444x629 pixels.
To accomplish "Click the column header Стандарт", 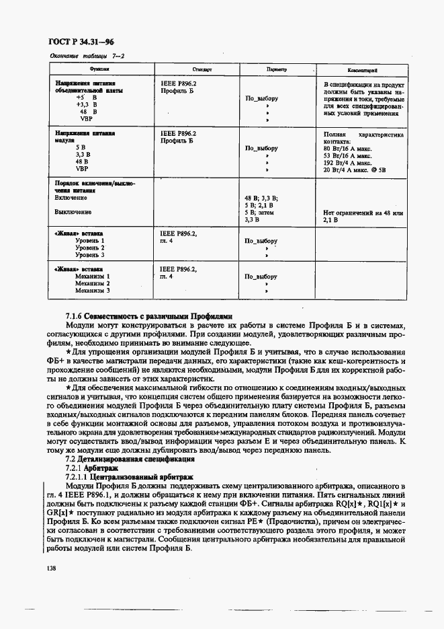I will [202, 69].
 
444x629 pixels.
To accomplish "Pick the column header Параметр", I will [276, 69].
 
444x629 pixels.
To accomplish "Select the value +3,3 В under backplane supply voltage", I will [87, 105].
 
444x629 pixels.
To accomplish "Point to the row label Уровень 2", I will [90, 248].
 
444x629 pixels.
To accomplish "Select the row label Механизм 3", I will [92, 291].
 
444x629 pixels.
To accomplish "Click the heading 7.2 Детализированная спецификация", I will [129, 459].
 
